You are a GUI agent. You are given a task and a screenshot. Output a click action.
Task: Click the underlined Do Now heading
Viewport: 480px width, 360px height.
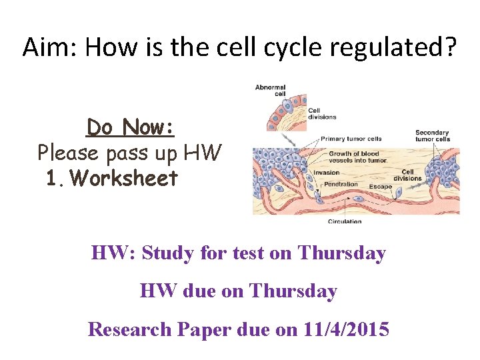click(x=131, y=127)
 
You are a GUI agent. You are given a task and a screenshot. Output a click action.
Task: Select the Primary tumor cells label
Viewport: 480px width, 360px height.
click(x=351, y=139)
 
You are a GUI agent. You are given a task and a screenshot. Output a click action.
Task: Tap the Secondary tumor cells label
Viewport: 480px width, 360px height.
click(x=433, y=135)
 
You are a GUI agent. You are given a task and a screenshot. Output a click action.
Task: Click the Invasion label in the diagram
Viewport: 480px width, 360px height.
click(x=327, y=172)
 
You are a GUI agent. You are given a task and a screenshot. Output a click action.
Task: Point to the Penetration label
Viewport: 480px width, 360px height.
click(x=341, y=183)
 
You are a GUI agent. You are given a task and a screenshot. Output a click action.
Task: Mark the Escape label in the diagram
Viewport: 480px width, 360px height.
click(x=381, y=187)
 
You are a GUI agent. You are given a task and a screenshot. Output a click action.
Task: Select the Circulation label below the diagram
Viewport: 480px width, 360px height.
click(x=345, y=221)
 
